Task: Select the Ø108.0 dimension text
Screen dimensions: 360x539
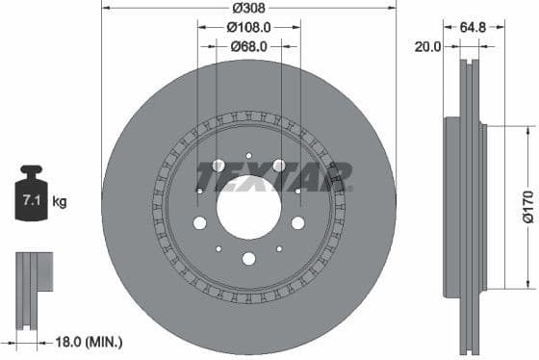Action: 248,29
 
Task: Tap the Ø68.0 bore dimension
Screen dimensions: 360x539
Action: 248,46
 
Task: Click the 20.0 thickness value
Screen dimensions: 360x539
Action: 427,45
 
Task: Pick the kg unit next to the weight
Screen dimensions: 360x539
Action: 60,202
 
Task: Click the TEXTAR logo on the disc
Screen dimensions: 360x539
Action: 273,177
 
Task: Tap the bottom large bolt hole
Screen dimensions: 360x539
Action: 248,258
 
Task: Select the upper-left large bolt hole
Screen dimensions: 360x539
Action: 218,166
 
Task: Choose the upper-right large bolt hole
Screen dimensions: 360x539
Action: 279,166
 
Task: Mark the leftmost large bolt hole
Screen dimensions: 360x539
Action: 199,223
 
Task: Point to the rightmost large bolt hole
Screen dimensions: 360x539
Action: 297,223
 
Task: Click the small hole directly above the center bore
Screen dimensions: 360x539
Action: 248,155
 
